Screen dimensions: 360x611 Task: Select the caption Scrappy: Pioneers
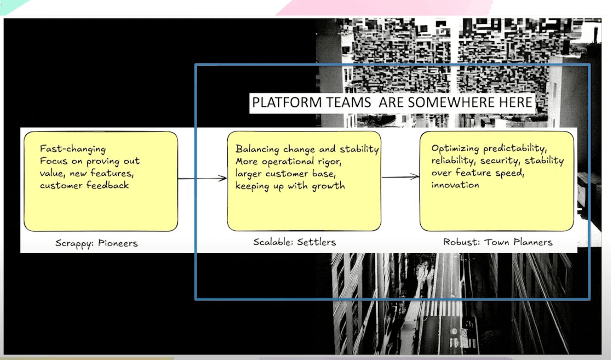96,243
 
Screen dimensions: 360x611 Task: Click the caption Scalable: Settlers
294,242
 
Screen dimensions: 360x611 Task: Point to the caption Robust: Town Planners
497,242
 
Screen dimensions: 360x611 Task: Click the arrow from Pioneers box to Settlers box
202,178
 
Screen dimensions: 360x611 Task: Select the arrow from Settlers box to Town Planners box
400,176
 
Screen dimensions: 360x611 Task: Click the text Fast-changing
73,149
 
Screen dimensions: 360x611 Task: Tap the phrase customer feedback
84,186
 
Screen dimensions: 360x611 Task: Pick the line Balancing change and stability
307,149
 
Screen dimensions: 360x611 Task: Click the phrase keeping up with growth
290,186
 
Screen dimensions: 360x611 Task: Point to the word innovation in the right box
455,185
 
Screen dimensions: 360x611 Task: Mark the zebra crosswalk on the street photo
443,308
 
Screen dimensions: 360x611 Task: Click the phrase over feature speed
478,173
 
